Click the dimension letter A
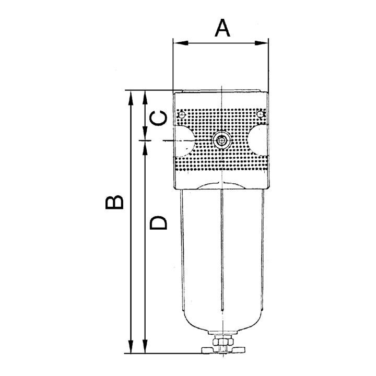tap(223, 28)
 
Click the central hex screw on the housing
tap(221, 140)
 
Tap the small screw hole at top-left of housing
tap(182, 114)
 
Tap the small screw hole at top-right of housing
tap(261, 113)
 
